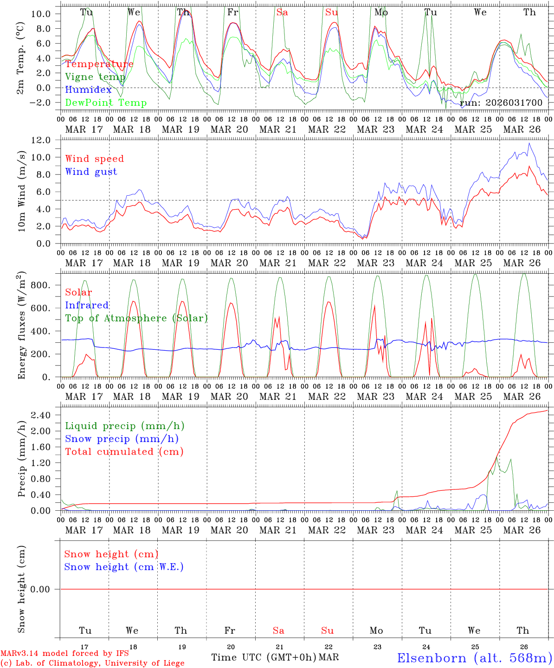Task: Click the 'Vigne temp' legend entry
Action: (95, 77)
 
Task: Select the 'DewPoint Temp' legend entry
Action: (106, 103)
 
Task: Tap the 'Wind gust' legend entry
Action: (91, 172)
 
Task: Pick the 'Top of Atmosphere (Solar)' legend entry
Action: (136, 318)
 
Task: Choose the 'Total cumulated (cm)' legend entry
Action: (124, 451)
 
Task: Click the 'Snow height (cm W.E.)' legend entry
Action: (124, 567)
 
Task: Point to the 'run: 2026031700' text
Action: (501, 103)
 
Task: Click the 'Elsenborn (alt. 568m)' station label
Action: (474, 658)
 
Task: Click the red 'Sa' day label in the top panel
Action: (282, 13)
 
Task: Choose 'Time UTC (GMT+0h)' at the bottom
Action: (264, 657)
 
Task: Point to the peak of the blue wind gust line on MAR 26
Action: (529, 143)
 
